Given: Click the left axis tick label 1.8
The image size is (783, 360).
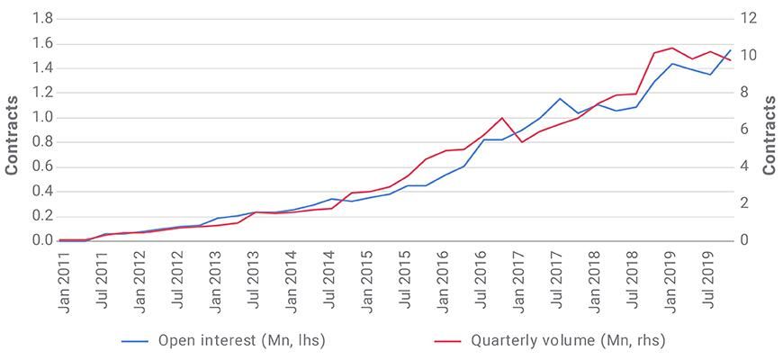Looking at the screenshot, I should point(42,19).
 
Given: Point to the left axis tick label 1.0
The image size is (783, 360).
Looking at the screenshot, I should point(42,118).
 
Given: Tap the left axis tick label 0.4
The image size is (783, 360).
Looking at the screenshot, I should point(42,192).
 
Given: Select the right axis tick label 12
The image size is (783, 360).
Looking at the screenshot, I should point(750,19).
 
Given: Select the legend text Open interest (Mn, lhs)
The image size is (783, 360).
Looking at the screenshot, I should point(241,340).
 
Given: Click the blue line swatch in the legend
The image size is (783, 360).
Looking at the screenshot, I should point(135,341).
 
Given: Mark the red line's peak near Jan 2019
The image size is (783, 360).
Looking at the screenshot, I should point(671,48).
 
